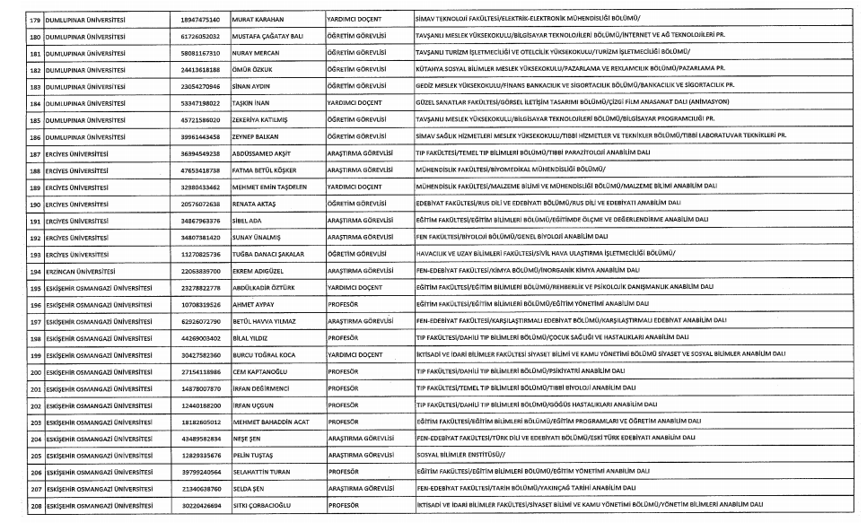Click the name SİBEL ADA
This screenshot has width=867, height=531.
[246, 221]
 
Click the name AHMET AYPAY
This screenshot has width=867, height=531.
[252, 304]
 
